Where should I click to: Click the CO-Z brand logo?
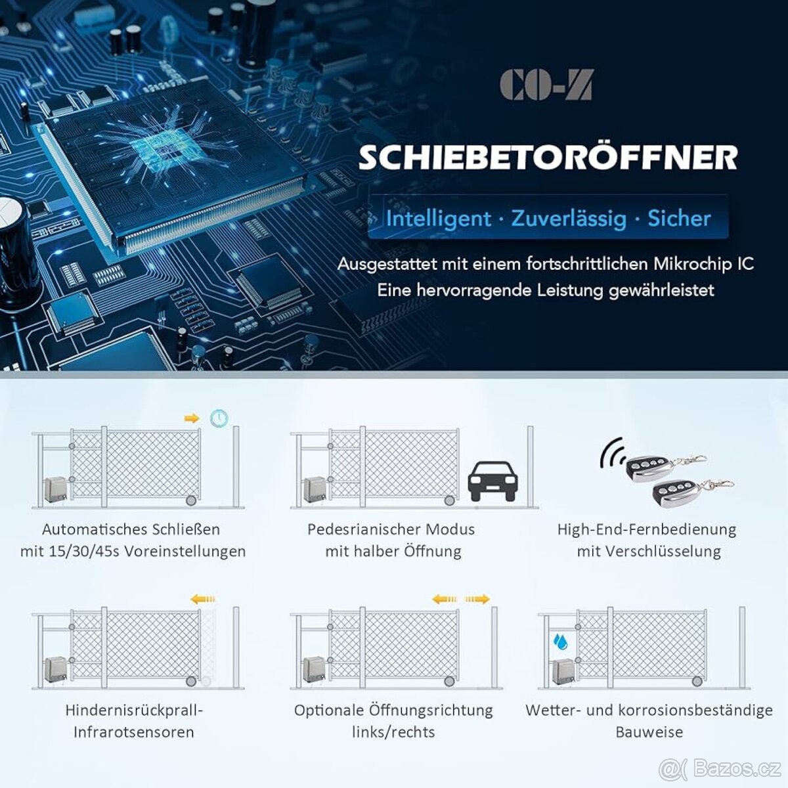pos(546,84)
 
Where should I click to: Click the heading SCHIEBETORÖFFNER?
pos(548,158)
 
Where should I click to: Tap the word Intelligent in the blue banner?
pos(439,219)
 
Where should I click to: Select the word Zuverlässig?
pos(569,219)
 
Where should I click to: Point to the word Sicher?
pos(679,219)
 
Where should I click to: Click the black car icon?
pos(492,481)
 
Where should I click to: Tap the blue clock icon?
pos(219,418)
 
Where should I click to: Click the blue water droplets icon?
pos(560,641)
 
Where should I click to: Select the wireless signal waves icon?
pos(612,452)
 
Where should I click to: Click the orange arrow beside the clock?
pos(192,418)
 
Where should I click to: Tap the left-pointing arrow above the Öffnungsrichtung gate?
pos(445,600)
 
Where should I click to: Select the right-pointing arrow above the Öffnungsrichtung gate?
pos(477,600)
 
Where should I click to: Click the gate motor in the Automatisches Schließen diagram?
pos(55,490)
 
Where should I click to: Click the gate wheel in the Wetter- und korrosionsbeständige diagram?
pos(697,681)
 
